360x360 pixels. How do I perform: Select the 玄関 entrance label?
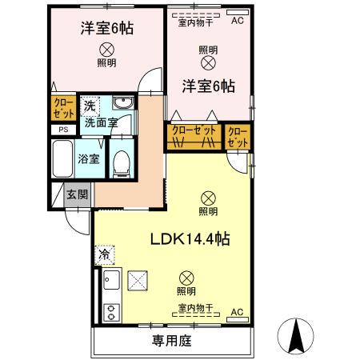[77, 194]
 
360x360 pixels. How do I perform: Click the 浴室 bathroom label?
[88, 158]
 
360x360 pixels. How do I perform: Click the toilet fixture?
[120, 164]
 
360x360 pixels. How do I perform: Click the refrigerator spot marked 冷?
[104, 254]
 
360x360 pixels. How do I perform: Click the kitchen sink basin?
[111, 282]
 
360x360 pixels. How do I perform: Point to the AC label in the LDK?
[237, 311]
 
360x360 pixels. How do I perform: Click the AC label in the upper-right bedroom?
[237, 22]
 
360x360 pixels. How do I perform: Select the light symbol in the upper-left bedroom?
[106, 48]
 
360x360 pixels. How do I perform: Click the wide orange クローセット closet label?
[193, 130]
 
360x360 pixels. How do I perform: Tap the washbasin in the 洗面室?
[122, 104]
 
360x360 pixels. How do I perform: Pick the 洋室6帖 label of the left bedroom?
[106, 27]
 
